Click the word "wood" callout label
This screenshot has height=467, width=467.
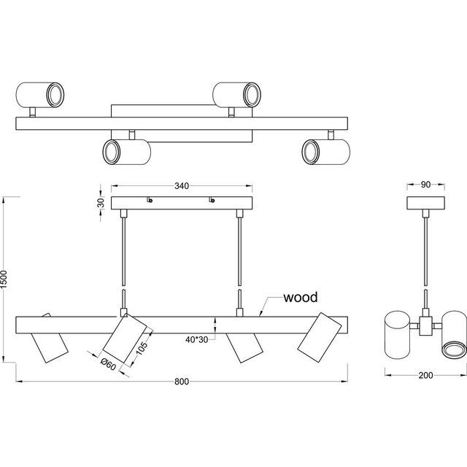coord(301,298)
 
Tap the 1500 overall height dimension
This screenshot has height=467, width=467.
coord(5,280)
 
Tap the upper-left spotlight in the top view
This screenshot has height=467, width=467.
coord(40,94)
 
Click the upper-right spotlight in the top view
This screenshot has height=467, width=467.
coord(237,94)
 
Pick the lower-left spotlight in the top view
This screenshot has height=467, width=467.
coord(126,152)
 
